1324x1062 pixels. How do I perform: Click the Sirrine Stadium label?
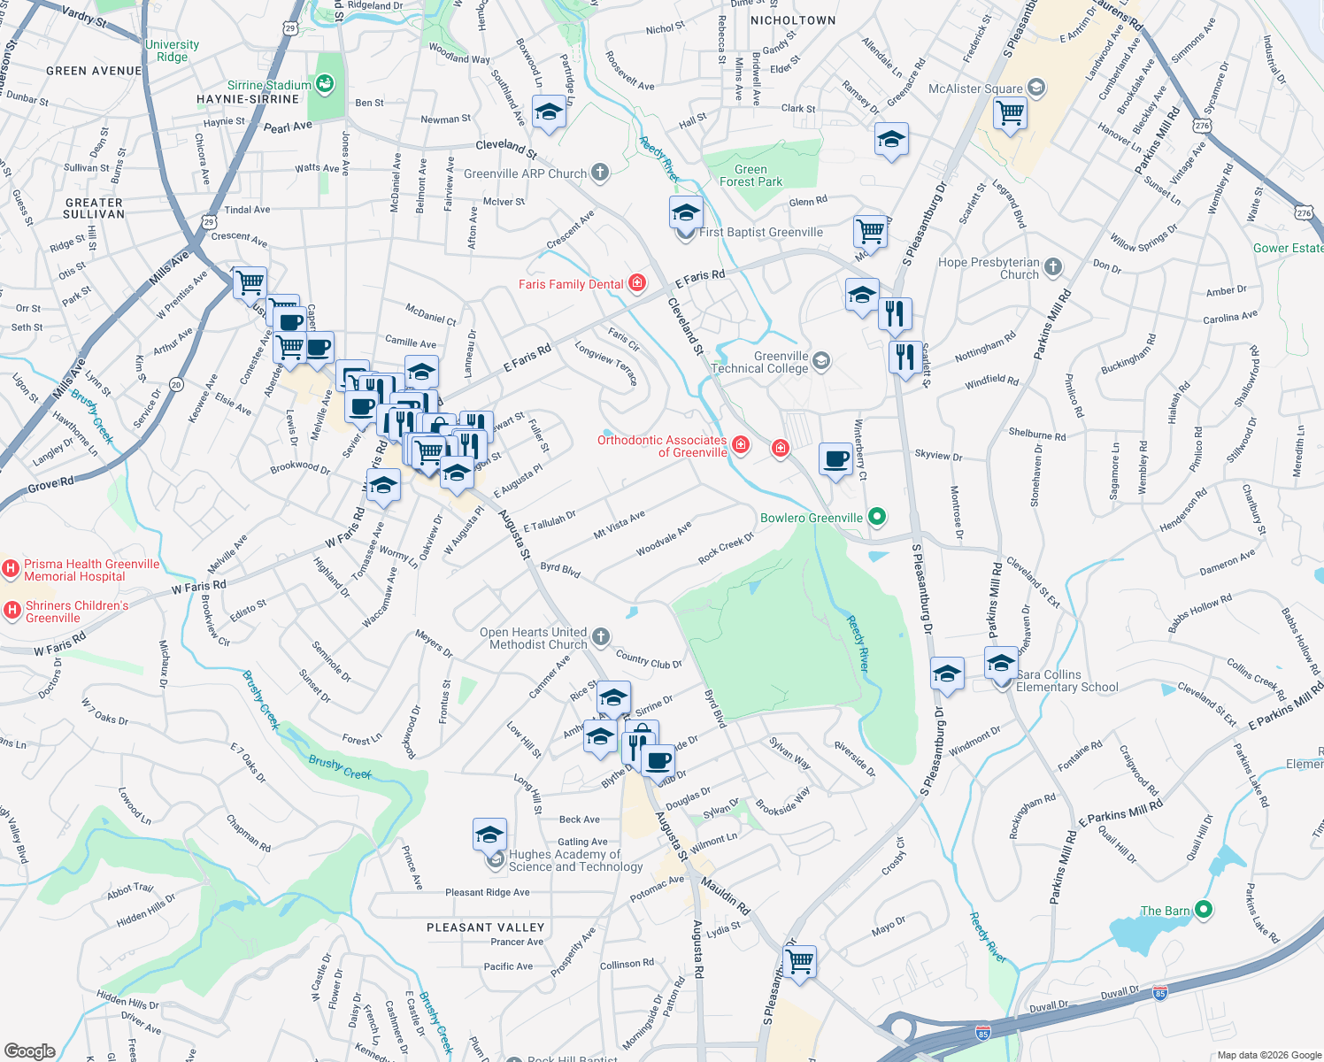tap(269, 85)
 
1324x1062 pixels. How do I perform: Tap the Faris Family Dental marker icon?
tap(637, 283)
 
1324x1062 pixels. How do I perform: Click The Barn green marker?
tap(1203, 910)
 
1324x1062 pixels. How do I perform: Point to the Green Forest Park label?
tap(751, 175)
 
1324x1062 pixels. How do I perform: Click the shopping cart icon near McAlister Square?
tap(1009, 113)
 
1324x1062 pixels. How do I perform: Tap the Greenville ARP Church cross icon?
tap(600, 173)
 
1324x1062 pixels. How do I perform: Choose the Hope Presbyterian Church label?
tap(989, 268)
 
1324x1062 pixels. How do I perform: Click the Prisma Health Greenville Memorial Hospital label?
tap(91, 570)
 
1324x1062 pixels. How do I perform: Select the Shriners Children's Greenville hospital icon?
tap(12, 609)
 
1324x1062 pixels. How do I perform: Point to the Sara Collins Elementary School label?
tap(1066, 681)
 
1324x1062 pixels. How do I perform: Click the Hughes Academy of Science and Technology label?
tap(575, 860)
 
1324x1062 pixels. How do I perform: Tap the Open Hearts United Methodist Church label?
tap(533, 638)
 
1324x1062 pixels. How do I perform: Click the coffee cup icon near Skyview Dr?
tap(835, 459)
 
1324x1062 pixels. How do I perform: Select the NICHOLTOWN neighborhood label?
tap(792, 20)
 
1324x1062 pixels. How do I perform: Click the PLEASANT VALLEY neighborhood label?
tap(485, 927)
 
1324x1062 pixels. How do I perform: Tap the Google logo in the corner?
tap(29, 1051)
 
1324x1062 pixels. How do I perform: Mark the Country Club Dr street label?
tap(649, 660)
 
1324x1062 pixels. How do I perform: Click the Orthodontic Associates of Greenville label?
tap(662, 446)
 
